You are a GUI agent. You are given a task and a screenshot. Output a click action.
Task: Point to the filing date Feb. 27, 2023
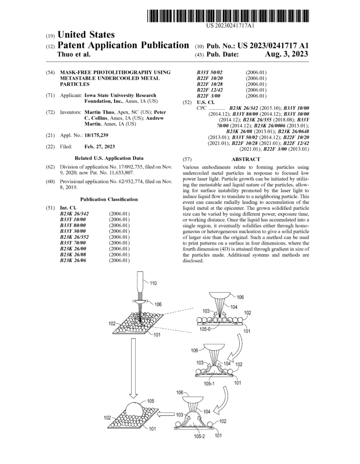tap(99, 146)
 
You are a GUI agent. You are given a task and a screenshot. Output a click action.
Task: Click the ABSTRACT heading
tap(246, 159)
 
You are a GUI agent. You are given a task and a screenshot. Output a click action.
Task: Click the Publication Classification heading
tap(109, 199)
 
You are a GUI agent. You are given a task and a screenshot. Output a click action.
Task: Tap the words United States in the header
tap(86, 35)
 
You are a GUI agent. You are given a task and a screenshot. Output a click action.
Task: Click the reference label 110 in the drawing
tap(153, 284)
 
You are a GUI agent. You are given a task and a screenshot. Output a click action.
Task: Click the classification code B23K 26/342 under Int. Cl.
tap(75, 213)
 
